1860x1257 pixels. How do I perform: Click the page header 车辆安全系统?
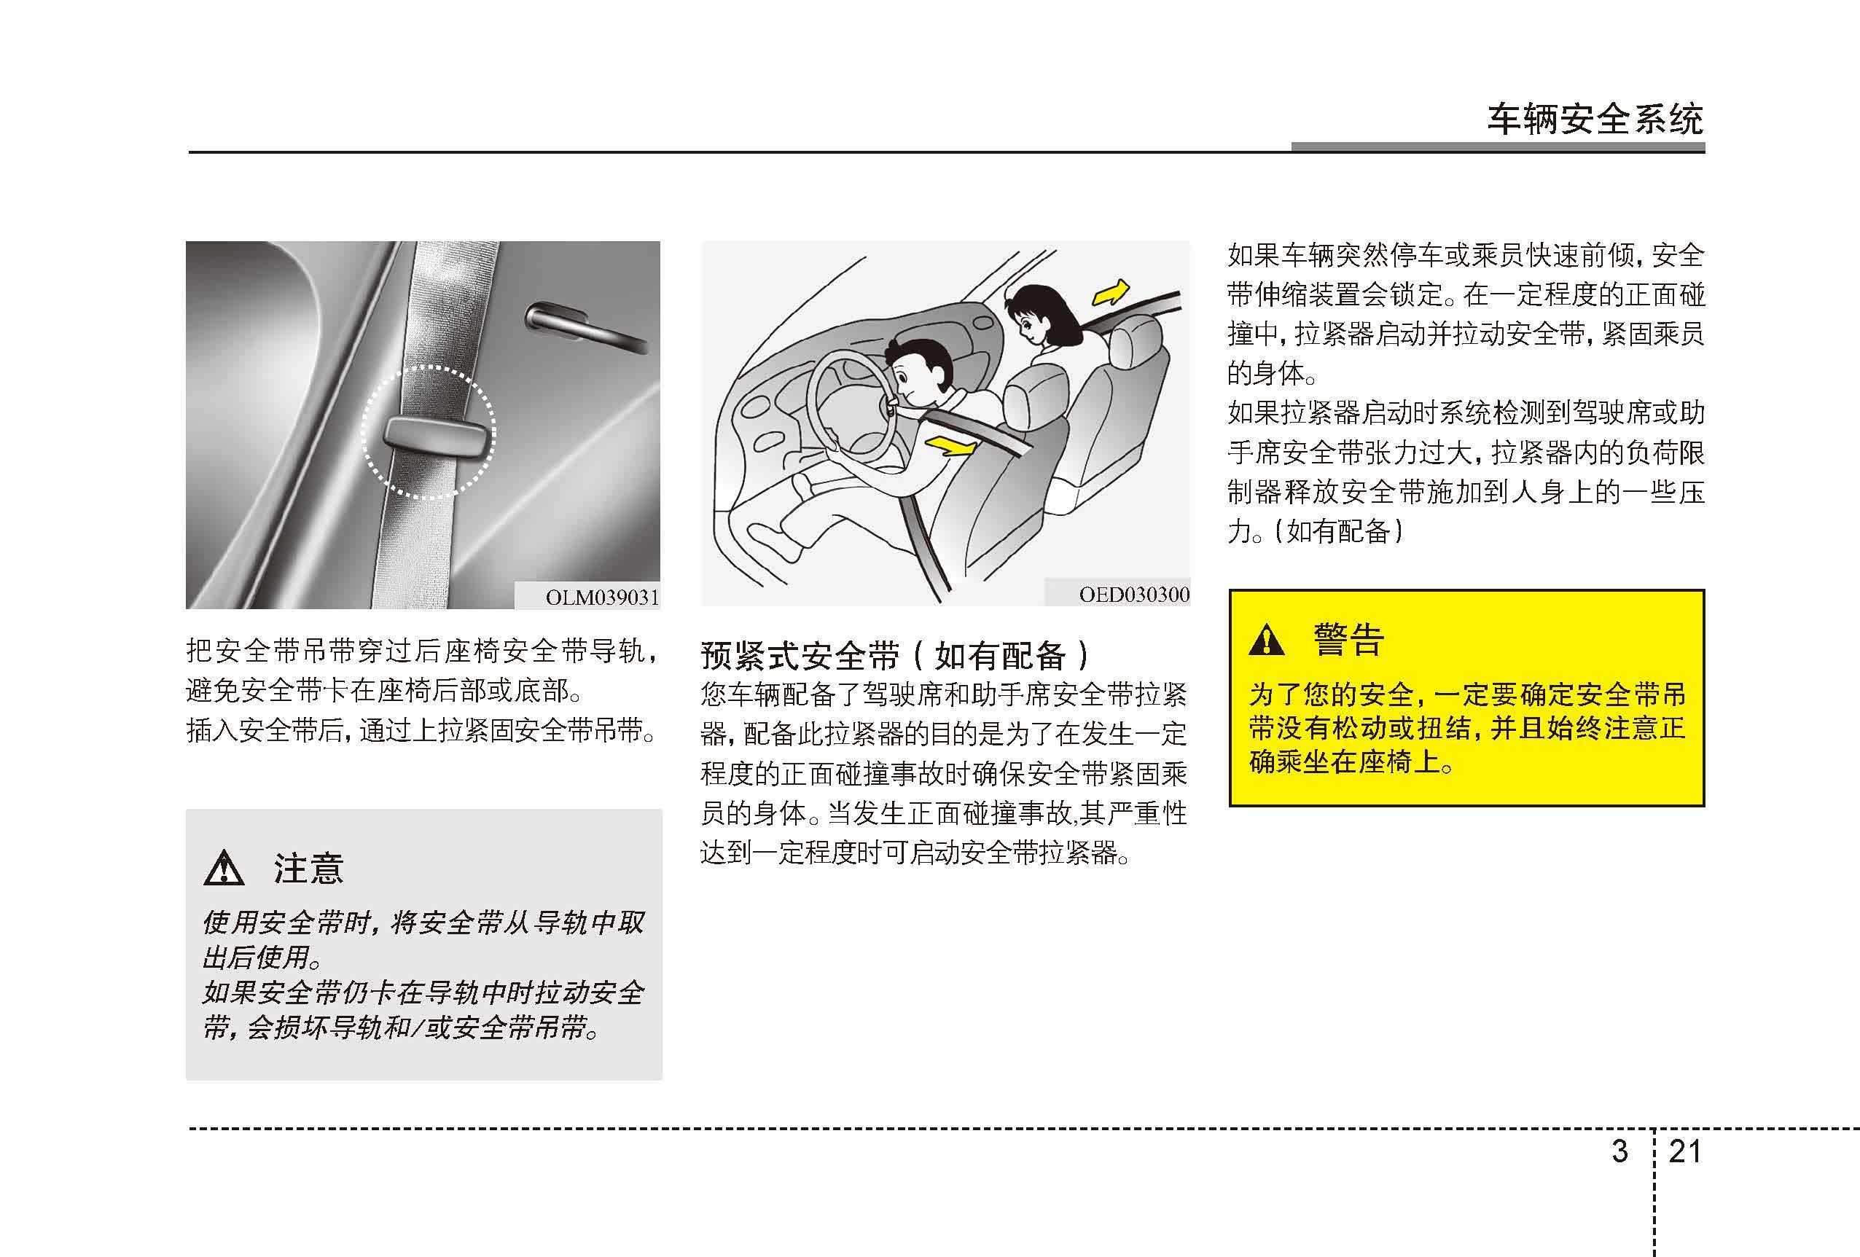pos(1595,120)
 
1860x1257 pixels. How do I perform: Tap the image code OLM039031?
pos(603,598)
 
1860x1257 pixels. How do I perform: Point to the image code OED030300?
pos(1133,595)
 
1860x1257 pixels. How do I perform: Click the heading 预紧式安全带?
pos(800,656)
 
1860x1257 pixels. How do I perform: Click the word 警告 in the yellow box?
pos(1348,639)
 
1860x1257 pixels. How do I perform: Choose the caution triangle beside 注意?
pos(224,868)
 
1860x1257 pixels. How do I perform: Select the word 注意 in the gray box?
pos(309,868)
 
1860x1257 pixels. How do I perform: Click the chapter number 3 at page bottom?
pos(1619,1151)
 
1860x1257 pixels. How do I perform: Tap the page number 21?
pos(1685,1151)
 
